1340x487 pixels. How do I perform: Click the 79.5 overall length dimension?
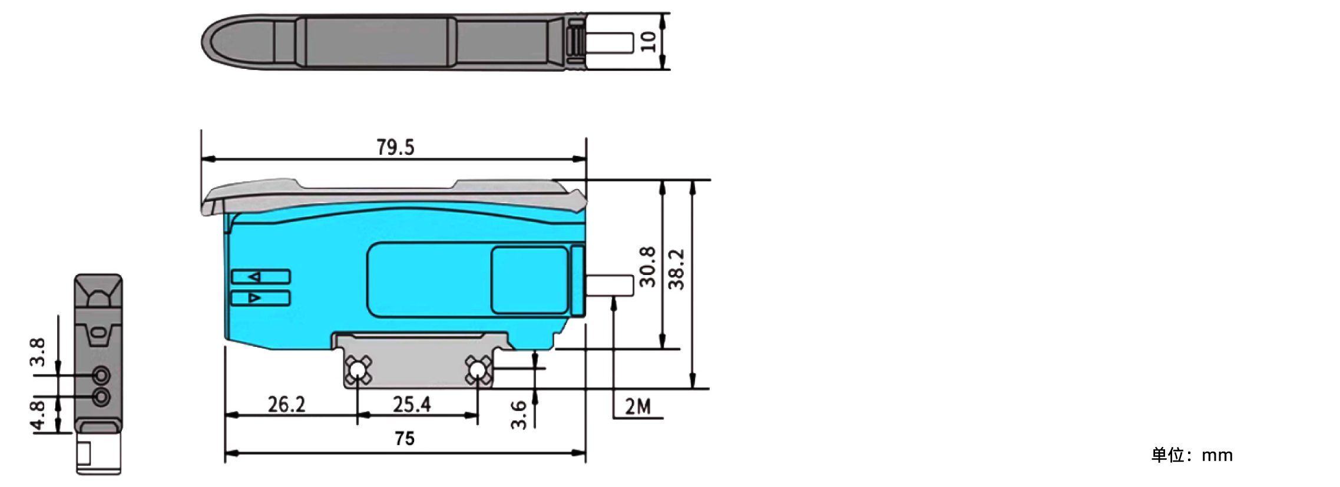pyautogui.click(x=395, y=147)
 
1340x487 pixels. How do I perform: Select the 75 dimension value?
pyautogui.click(x=405, y=439)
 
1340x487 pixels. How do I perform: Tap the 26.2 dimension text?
pyautogui.click(x=286, y=405)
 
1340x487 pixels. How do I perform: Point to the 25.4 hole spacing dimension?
pyautogui.click(x=412, y=405)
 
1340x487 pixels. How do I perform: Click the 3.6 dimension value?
pyautogui.click(x=518, y=415)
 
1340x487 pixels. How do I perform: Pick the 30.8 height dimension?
pyautogui.click(x=647, y=267)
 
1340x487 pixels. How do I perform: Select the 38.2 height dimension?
pyautogui.click(x=677, y=270)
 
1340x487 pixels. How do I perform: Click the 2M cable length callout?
pyautogui.click(x=638, y=406)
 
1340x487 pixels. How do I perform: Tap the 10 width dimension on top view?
pyautogui.click(x=648, y=41)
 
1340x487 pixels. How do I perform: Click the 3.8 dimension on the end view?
pyautogui.click(x=37, y=352)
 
